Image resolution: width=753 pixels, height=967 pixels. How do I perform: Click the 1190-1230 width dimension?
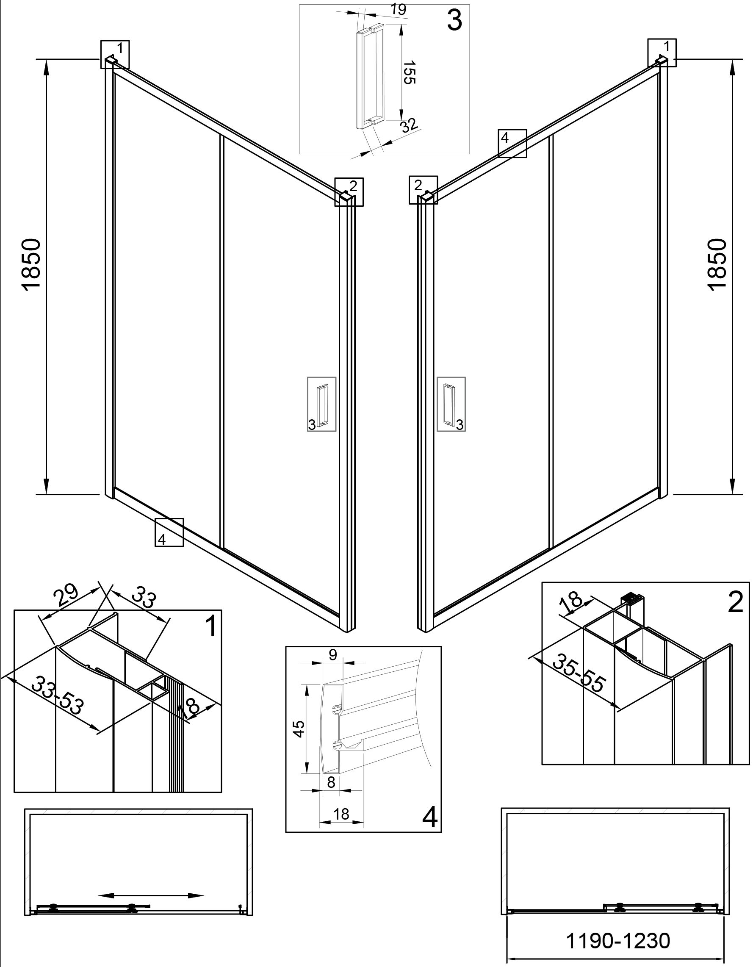click(618, 941)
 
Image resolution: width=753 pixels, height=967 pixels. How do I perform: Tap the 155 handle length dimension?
click(410, 72)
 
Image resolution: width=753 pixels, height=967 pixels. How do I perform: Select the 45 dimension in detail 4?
click(299, 729)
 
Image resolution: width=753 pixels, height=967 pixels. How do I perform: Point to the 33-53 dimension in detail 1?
click(58, 695)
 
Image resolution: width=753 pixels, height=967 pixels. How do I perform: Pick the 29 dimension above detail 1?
click(66, 596)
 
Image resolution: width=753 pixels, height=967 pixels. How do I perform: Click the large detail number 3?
click(454, 21)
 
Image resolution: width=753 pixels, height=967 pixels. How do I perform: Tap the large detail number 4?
click(430, 818)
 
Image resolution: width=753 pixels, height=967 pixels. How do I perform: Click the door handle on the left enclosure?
click(322, 404)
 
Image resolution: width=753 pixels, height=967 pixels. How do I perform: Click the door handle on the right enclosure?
click(450, 404)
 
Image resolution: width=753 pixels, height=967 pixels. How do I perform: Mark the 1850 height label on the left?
click(31, 265)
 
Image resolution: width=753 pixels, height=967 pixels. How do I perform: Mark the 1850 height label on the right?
click(717, 265)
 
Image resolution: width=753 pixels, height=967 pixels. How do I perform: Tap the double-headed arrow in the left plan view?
click(150, 895)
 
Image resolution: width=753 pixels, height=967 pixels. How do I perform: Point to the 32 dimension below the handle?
click(409, 125)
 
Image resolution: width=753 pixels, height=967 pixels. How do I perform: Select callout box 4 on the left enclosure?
click(169, 533)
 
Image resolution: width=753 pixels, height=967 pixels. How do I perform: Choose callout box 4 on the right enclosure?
click(512, 143)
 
